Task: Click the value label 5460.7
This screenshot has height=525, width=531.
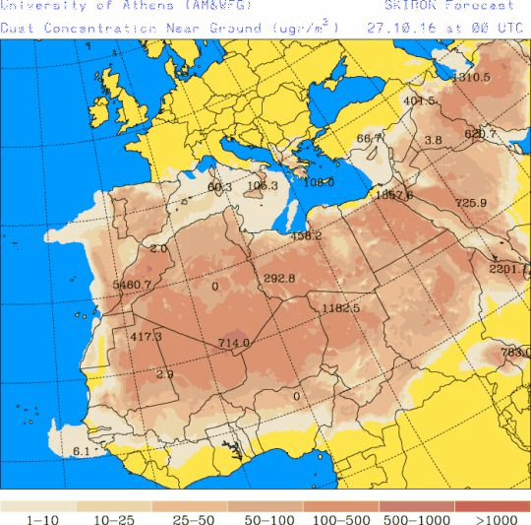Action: pyautogui.click(x=133, y=285)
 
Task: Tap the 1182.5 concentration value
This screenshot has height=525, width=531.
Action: pyautogui.click(x=341, y=308)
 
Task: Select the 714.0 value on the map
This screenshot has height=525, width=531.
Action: pyautogui.click(x=233, y=343)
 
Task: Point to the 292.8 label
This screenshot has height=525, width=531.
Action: pyautogui.click(x=279, y=279)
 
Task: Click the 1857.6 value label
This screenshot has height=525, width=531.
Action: pyautogui.click(x=393, y=195)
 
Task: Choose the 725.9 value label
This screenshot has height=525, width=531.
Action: pyautogui.click(x=470, y=203)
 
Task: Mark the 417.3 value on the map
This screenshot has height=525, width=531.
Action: pyautogui.click(x=146, y=337)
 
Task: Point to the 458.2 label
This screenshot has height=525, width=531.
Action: pyautogui.click(x=307, y=235)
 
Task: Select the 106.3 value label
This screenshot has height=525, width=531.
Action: pyautogui.click(x=263, y=185)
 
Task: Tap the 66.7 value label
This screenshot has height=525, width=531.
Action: pyautogui.click(x=369, y=139)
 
